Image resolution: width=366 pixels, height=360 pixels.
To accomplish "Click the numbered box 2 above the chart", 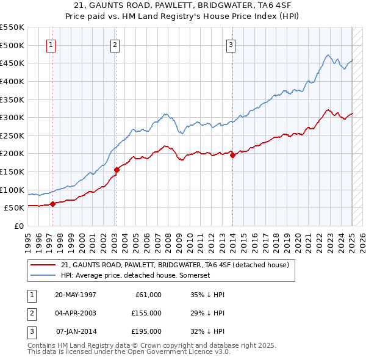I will point(115,44).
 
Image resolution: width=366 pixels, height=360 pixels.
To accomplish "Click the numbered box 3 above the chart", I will point(231,44).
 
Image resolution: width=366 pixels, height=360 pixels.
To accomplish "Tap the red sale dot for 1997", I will point(52,204).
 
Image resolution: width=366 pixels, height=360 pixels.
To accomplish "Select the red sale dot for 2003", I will point(117,170).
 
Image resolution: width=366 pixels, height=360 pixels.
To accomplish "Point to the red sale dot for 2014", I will point(233,155).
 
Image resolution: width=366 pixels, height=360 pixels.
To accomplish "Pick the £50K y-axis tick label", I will point(15,207).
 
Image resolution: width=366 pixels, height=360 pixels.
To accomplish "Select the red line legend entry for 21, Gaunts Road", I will point(178,265).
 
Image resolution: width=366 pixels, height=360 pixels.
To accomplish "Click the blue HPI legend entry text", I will point(135,276).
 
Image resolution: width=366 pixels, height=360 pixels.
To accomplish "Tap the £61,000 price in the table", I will point(146,295).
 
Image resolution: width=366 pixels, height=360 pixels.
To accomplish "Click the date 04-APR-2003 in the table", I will point(75,313).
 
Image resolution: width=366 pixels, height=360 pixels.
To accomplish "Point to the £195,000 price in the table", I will point(146,331).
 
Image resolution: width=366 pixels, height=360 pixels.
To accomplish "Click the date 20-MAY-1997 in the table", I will point(75,295).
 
